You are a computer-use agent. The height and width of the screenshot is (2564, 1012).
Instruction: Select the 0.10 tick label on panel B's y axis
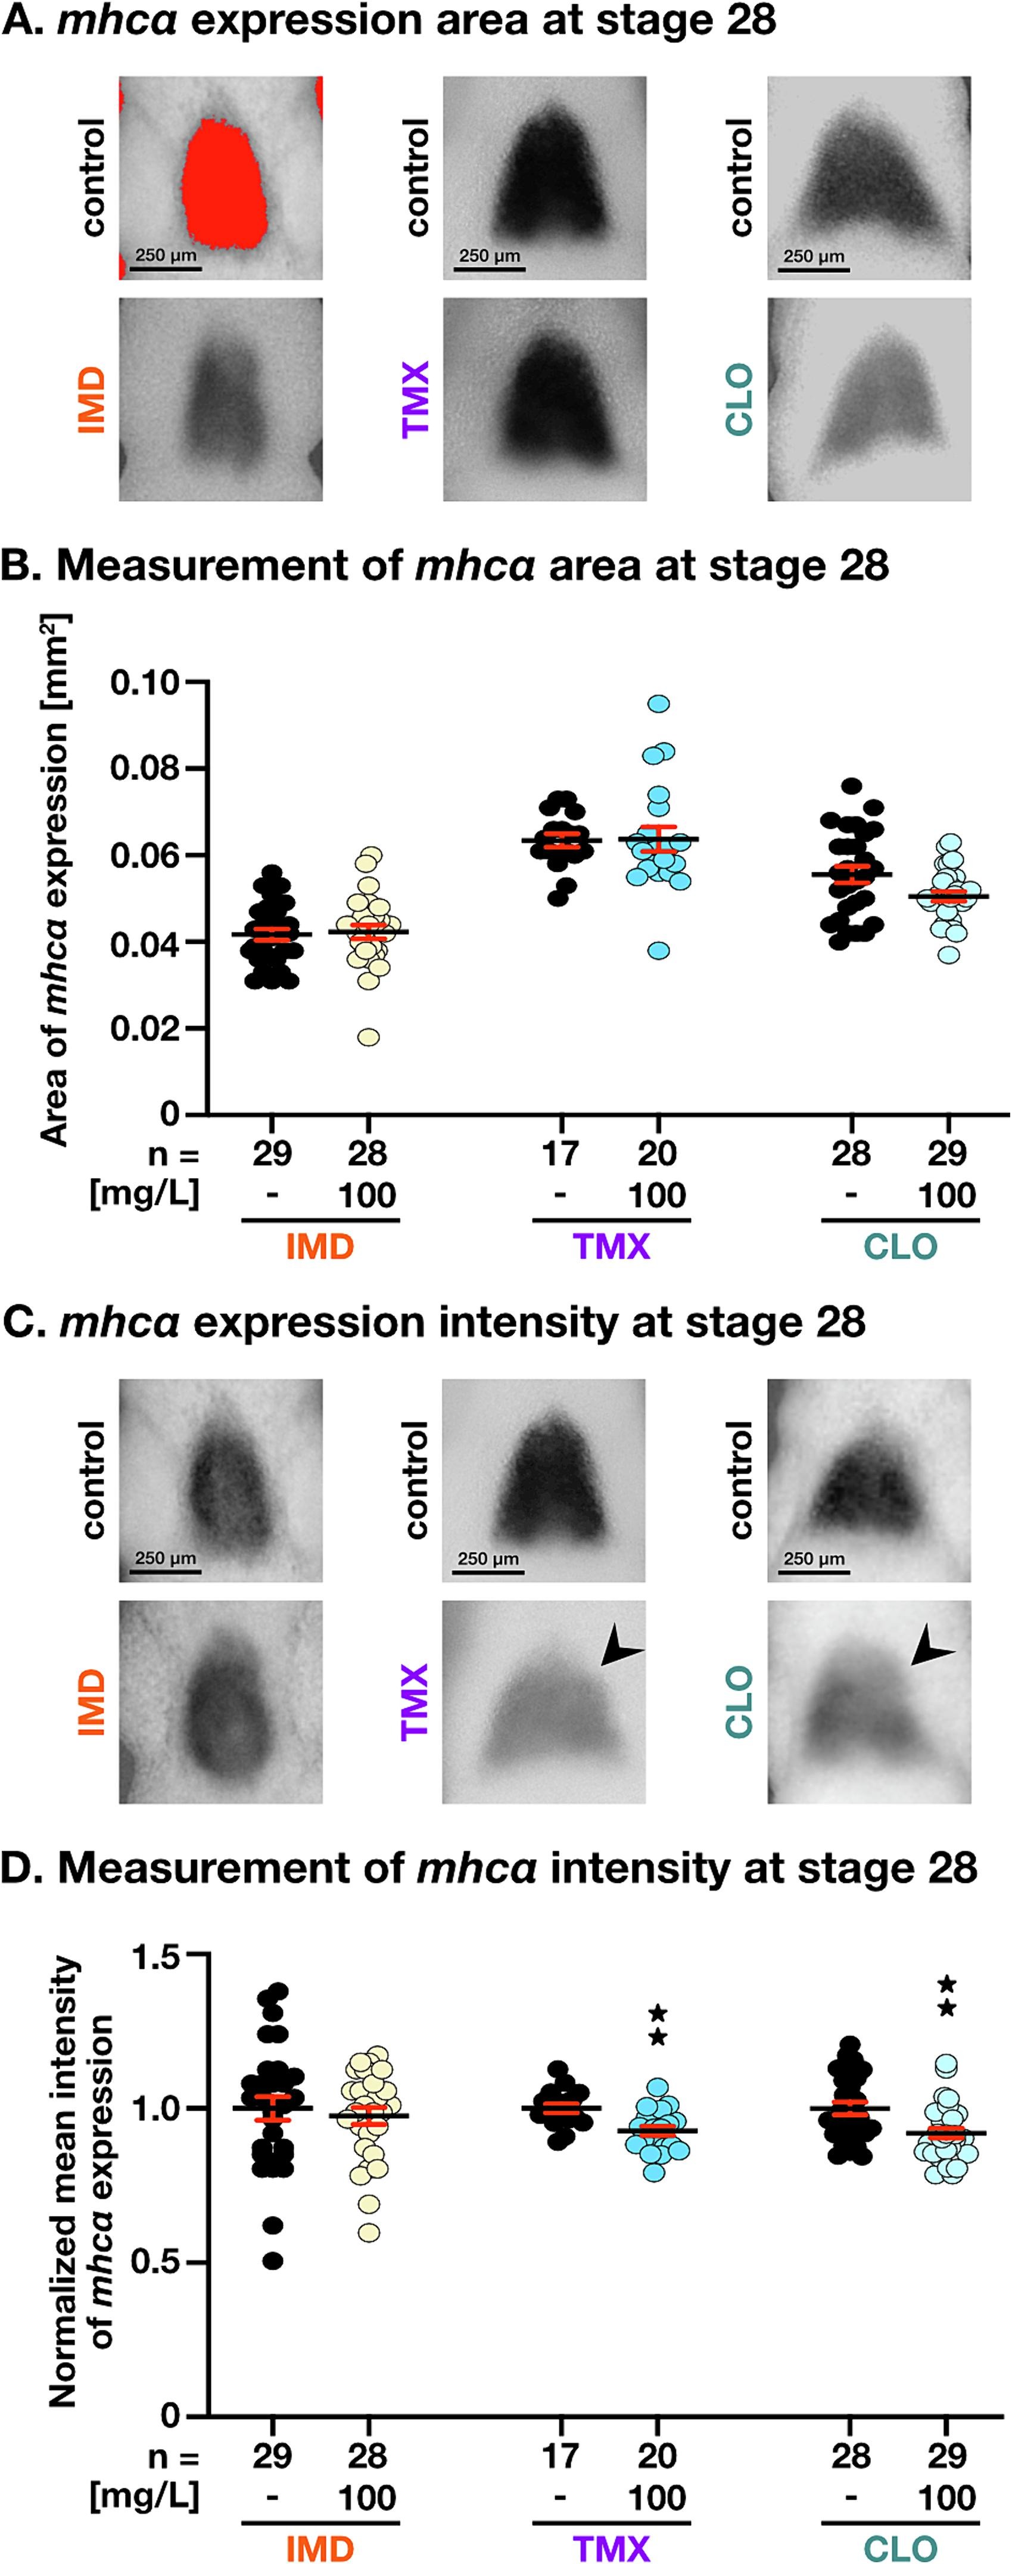144,683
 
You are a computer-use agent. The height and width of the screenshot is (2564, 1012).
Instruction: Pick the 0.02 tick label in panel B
144,1028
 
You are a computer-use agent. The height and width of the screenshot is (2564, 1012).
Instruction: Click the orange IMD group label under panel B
319,1246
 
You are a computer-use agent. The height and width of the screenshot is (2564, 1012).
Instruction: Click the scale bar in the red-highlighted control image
165,268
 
